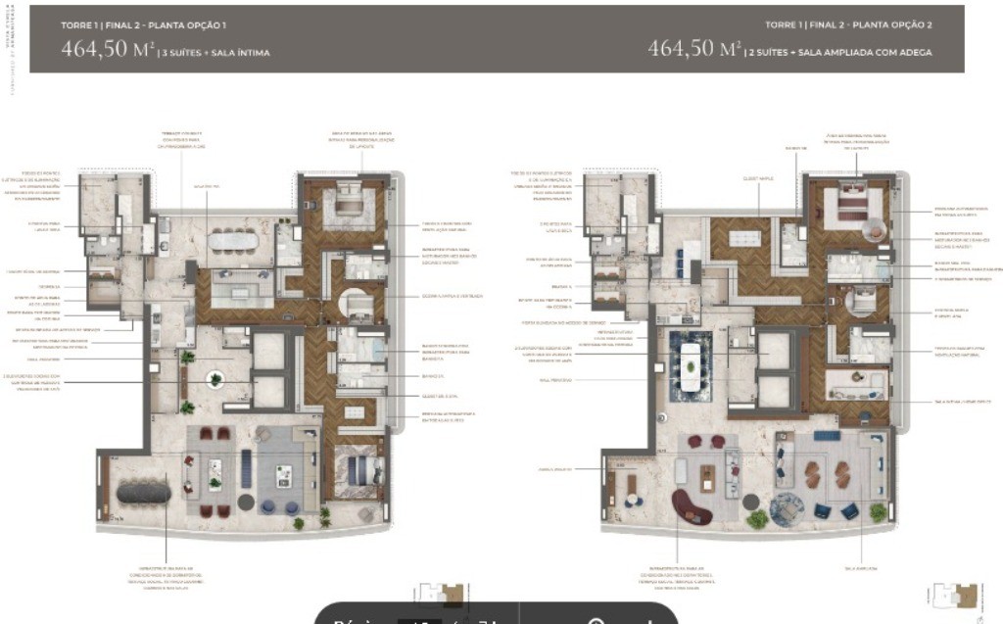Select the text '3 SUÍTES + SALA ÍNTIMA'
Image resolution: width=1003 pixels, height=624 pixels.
pyautogui.click(x=217, y=53)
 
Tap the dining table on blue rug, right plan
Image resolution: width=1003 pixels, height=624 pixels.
pyautogui.click(x=692, y=365)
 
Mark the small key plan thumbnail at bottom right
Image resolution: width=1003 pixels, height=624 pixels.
pyautogui.click(x=955, y=596)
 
